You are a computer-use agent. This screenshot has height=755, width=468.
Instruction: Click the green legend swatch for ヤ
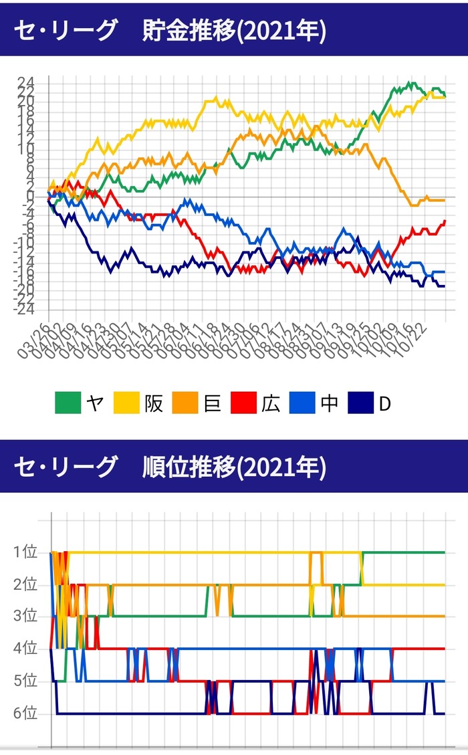tap(68, 403)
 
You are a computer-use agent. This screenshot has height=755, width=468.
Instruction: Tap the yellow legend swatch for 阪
tap(126, 403)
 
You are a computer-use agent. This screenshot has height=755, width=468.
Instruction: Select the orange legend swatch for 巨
tap(185, 403)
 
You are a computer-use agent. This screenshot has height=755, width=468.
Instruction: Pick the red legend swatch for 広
tap(243, 403)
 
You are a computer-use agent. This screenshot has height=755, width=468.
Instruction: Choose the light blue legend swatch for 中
tap(302, 403)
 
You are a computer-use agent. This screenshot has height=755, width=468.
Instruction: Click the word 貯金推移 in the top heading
tap(190, 32)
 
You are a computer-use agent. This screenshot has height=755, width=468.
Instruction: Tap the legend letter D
tap(384, 403)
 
